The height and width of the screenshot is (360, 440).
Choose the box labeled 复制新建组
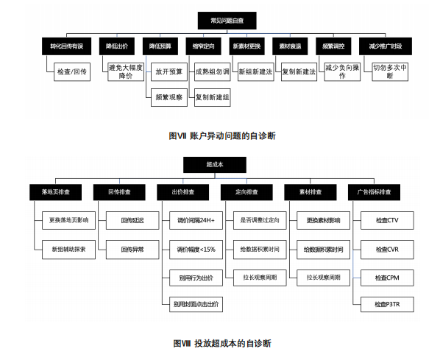tap(212, 96)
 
